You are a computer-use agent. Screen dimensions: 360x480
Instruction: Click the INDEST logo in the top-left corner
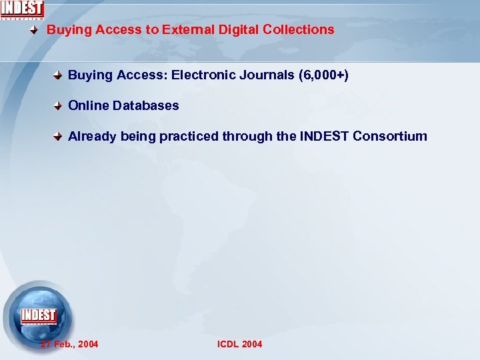[x=22, y=9]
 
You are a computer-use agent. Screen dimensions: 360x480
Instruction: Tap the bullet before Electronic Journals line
[x=59, y=75]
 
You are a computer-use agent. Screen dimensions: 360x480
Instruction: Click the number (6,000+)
[x=324, y=75]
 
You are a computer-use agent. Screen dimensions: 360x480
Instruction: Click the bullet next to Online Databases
[x=59, y=106]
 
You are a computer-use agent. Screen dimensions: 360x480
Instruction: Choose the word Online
[x=89, y=105]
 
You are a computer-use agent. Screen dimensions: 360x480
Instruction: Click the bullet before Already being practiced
[x=59, y=137]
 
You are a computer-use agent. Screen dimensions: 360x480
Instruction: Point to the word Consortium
[x=390, y=136]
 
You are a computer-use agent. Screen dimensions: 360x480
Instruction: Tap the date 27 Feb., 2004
[x=69, y=344]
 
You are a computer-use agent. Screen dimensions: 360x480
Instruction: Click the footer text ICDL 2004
[x=240, y=344]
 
